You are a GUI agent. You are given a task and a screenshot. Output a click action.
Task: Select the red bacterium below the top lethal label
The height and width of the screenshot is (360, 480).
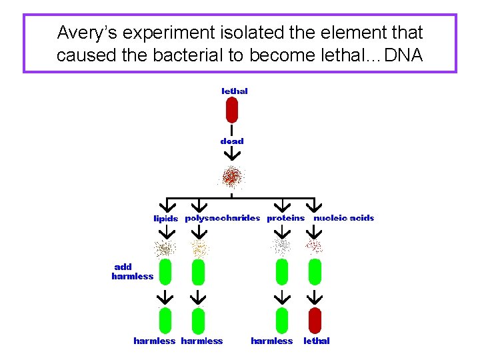(231, 110)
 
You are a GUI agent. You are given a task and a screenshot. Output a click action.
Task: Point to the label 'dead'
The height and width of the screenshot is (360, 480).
(232, 141)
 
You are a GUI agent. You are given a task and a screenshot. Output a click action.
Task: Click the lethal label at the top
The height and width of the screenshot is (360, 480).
(234, 91)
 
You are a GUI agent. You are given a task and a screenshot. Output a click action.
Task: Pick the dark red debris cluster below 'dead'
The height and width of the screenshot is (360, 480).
(231, 177)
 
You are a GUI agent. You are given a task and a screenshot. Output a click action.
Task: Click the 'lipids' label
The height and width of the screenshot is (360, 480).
(166, 219)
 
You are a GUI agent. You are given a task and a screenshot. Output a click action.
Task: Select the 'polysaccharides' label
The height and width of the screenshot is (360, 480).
(222, 218)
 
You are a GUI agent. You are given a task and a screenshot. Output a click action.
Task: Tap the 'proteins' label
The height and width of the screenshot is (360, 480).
(285, 218)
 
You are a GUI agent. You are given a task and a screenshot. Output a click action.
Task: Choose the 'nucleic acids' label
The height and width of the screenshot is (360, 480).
(344, 218)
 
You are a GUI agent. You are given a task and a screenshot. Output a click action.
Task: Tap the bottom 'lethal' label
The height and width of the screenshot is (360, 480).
(317, 341)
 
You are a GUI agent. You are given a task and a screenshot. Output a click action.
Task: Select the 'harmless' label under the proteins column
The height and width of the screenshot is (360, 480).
(271, 341)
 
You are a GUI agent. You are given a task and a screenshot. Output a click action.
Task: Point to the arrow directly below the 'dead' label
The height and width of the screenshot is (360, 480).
(231, 154)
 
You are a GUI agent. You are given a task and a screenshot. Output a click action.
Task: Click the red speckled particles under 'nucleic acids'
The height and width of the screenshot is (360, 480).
(313, 247)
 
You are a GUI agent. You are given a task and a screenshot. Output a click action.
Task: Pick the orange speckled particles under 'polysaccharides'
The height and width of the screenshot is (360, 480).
(199, 249)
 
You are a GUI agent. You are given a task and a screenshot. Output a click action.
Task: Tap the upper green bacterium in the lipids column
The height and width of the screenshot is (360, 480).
(165, 272)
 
